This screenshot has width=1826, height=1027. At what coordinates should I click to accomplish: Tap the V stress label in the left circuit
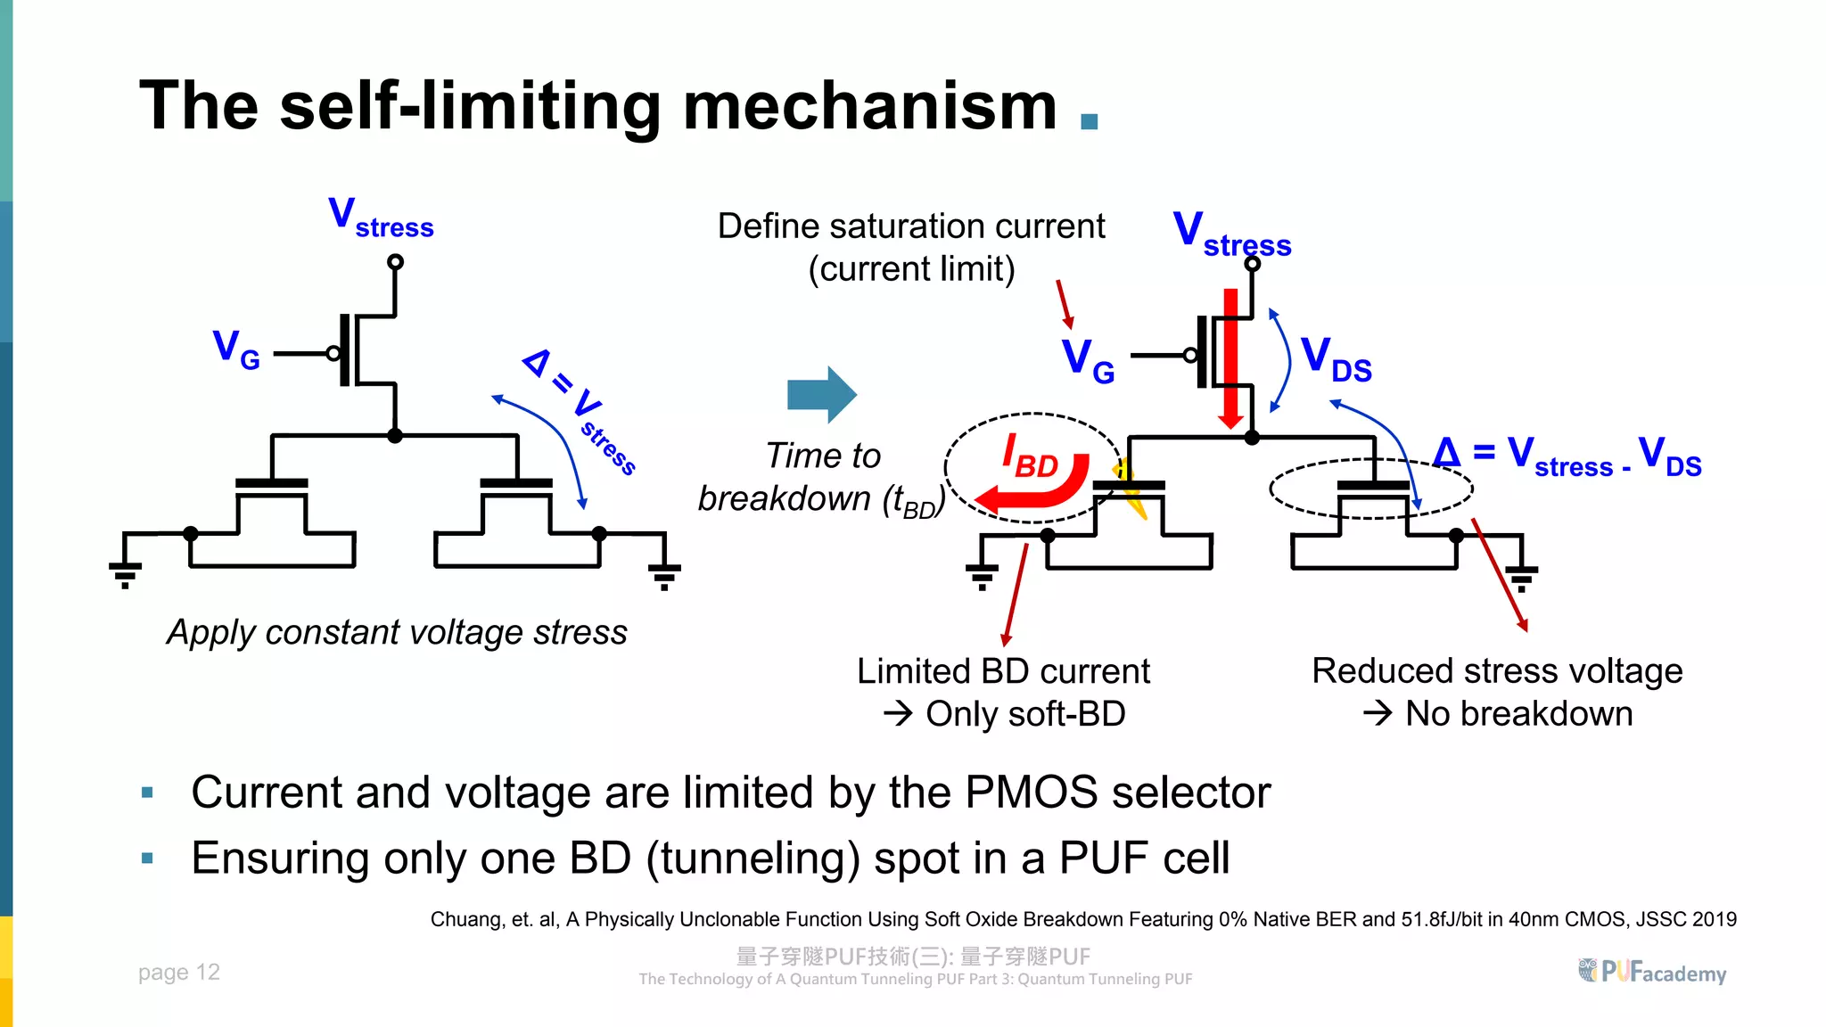tap(380, 218)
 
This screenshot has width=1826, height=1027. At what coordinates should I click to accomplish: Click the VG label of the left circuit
tap(235, 349)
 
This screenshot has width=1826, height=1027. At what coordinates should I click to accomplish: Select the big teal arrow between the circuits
tap(821, 394)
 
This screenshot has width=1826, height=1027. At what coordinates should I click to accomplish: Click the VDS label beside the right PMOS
tap(1336, 359)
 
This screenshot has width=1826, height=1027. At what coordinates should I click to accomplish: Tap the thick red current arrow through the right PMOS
tap(1230, 357)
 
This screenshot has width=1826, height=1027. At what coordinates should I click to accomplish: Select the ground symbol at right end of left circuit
tap(664, 574)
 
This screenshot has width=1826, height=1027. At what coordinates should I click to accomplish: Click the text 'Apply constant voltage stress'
tap(397, 632)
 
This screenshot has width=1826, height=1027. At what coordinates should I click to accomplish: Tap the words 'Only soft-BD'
tap(1024, 714)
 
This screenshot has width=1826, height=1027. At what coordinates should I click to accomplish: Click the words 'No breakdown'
tap(1518, 714)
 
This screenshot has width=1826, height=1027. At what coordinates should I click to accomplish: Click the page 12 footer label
tap(178, 972)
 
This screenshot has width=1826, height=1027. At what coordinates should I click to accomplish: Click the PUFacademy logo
tap(1652, 972)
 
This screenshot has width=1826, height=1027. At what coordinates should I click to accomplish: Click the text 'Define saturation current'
tap(910, 226)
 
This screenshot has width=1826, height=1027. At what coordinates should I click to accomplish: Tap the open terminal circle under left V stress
tap(395, 262)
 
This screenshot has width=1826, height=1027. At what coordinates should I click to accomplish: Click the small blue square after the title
tap(1089, 121)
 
